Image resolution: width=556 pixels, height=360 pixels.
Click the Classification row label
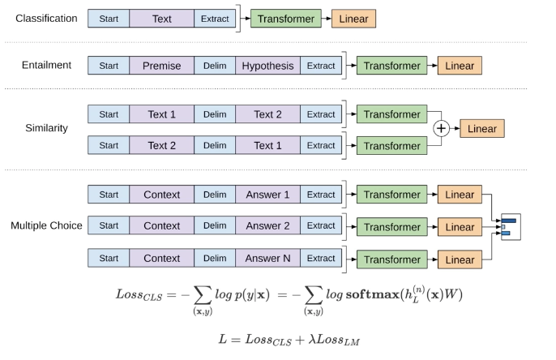46,18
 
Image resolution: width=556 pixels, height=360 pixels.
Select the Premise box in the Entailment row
160,66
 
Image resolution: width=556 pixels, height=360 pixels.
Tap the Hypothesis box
267,66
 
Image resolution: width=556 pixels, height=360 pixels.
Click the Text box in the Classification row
160,18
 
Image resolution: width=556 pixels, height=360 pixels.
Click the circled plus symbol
441,128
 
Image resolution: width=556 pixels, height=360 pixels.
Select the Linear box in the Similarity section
482,128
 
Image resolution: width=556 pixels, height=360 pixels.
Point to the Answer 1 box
267,195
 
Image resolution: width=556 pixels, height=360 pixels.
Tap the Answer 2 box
267,225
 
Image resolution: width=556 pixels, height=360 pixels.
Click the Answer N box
267,258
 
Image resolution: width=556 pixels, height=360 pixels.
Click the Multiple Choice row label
46,225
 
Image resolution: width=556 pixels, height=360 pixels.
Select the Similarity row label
47,128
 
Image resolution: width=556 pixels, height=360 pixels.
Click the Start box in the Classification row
108,18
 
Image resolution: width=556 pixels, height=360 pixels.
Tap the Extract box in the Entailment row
320,66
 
